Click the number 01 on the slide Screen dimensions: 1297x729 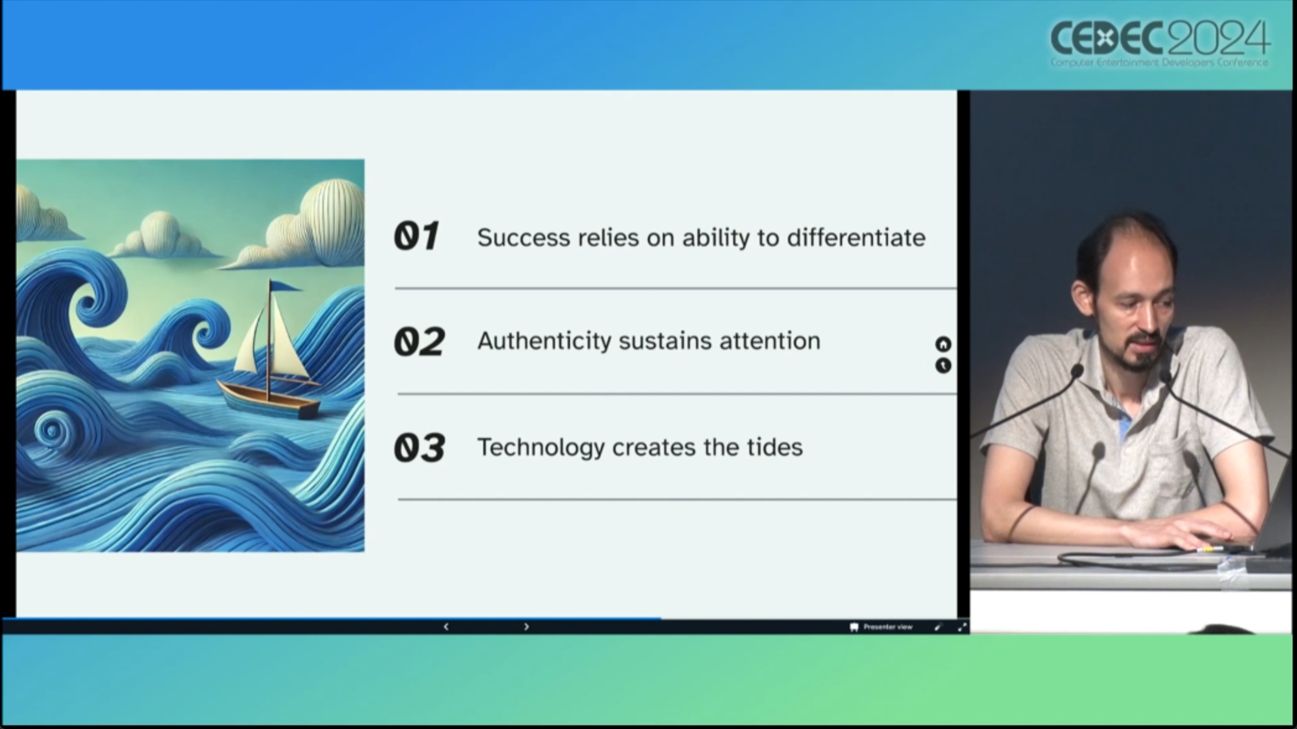[x=417, y=236]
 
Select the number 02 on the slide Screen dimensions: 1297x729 [x=420, y=342]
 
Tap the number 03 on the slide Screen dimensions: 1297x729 [x=420, y=447]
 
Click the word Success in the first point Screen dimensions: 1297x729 [x=524, y=238]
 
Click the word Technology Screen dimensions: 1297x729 [x=541, y=447]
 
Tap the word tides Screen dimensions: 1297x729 [x=775, y=447]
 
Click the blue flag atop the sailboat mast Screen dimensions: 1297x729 [x=284, y=286]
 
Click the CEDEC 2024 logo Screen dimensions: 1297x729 [x=1160, y=43]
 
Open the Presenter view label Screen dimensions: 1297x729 [x=887, y=627]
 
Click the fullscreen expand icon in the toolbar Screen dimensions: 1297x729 [x=962, y=627]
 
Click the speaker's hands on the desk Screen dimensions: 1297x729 [x=1176, y=532]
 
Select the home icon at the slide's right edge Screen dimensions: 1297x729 [x=943, y=344]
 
